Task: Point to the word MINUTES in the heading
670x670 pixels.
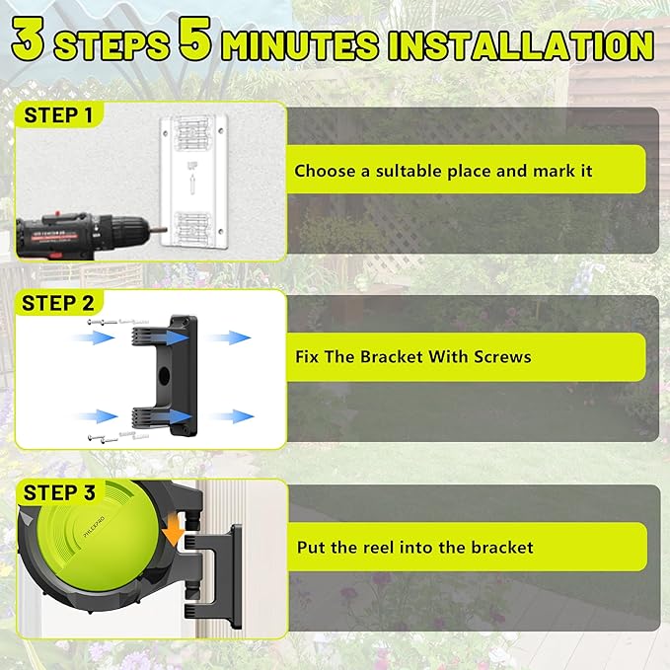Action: click(300, 46)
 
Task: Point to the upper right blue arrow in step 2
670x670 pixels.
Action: click(229, 337)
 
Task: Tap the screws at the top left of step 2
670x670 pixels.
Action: click(109, 323)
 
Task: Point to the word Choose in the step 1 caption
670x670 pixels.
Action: click(324, 171)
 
